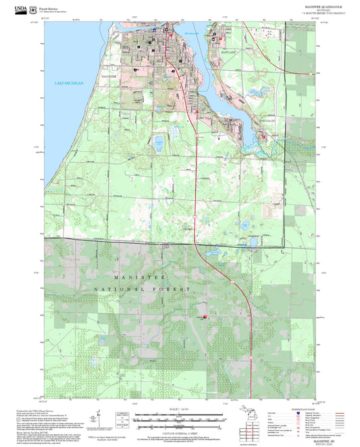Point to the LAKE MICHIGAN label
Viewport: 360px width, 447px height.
coord(70,82)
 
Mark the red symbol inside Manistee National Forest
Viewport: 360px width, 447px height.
coord(205,317)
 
